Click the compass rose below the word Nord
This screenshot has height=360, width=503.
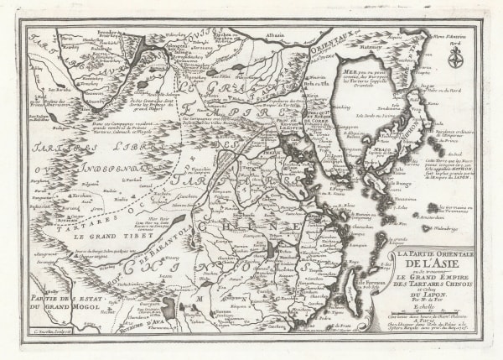[456, 58]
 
